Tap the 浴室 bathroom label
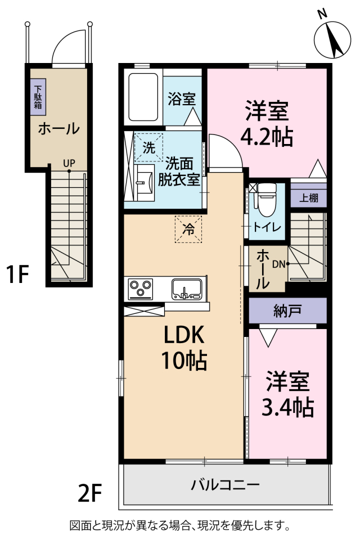click(182, 100)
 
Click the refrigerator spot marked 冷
click(188, 229)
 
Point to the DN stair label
click(279, 263)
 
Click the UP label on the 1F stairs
click(69, 163)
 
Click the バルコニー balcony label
click(224, 484)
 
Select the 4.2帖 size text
click(267, 137)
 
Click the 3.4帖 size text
click(287, 407)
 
